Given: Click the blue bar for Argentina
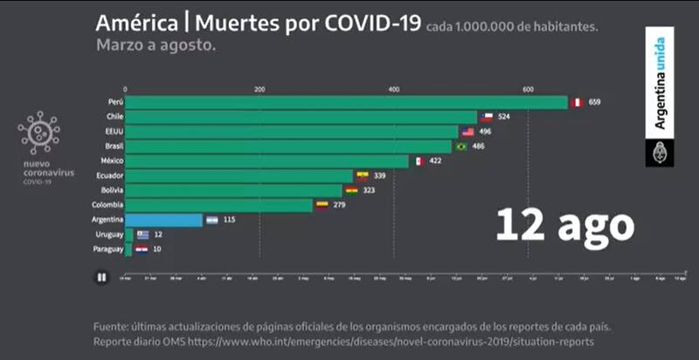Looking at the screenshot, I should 164,220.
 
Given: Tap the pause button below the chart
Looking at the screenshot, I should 102,278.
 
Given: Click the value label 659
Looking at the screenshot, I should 595,102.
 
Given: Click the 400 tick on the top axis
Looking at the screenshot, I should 394,89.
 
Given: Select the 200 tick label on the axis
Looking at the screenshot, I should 260,89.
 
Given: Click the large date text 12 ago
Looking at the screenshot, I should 564,225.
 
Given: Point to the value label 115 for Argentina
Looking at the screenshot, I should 230,220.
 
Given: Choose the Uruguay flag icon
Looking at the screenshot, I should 143,235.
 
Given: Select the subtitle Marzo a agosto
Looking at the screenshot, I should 156,45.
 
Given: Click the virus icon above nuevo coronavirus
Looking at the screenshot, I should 39,133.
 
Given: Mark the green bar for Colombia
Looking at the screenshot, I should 218,205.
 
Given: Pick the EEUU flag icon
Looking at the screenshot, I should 468,132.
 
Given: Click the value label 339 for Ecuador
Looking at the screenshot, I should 379,176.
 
